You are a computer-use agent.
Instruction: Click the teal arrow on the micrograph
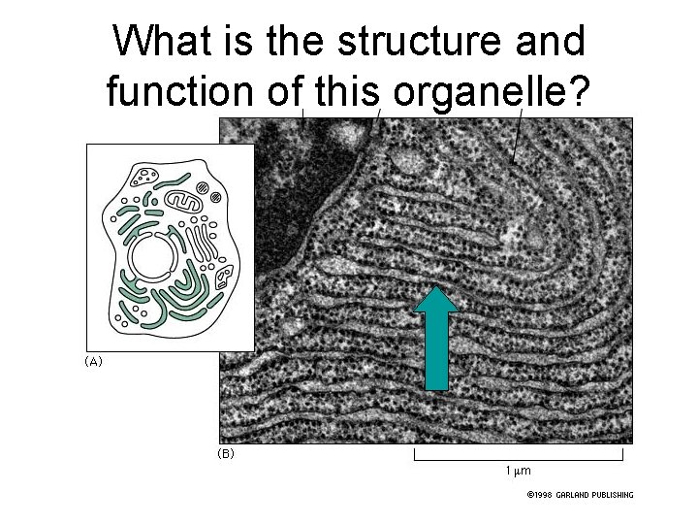[x=435, y=342]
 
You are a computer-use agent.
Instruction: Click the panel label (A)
[x=93, y=361]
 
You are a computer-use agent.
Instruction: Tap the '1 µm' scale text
[x=518, y=471]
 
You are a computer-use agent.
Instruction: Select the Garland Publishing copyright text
[x=580, y=495]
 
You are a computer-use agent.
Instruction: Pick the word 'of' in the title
[x=286, y=91]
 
